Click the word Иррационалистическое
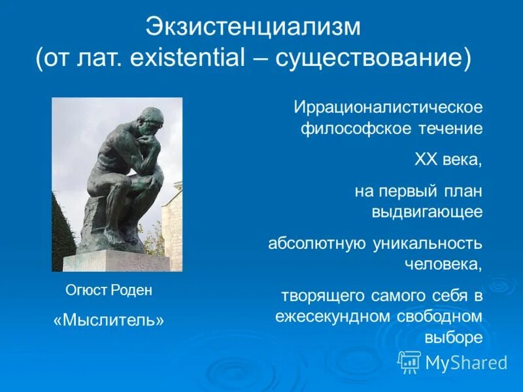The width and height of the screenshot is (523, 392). click(x=388, y=106)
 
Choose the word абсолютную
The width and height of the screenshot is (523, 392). click(x=317, y=244)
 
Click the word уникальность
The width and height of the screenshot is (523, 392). click(x=428, y=244)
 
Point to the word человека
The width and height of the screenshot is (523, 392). click(x=444, y=264)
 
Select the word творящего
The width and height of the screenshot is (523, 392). click(x=322, y=296)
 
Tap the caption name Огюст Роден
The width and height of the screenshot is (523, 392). click(x=109, y=291)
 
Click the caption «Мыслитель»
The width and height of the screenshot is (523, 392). click(x=109, y=320)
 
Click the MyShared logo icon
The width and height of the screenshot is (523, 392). click(x=409, y=361)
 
